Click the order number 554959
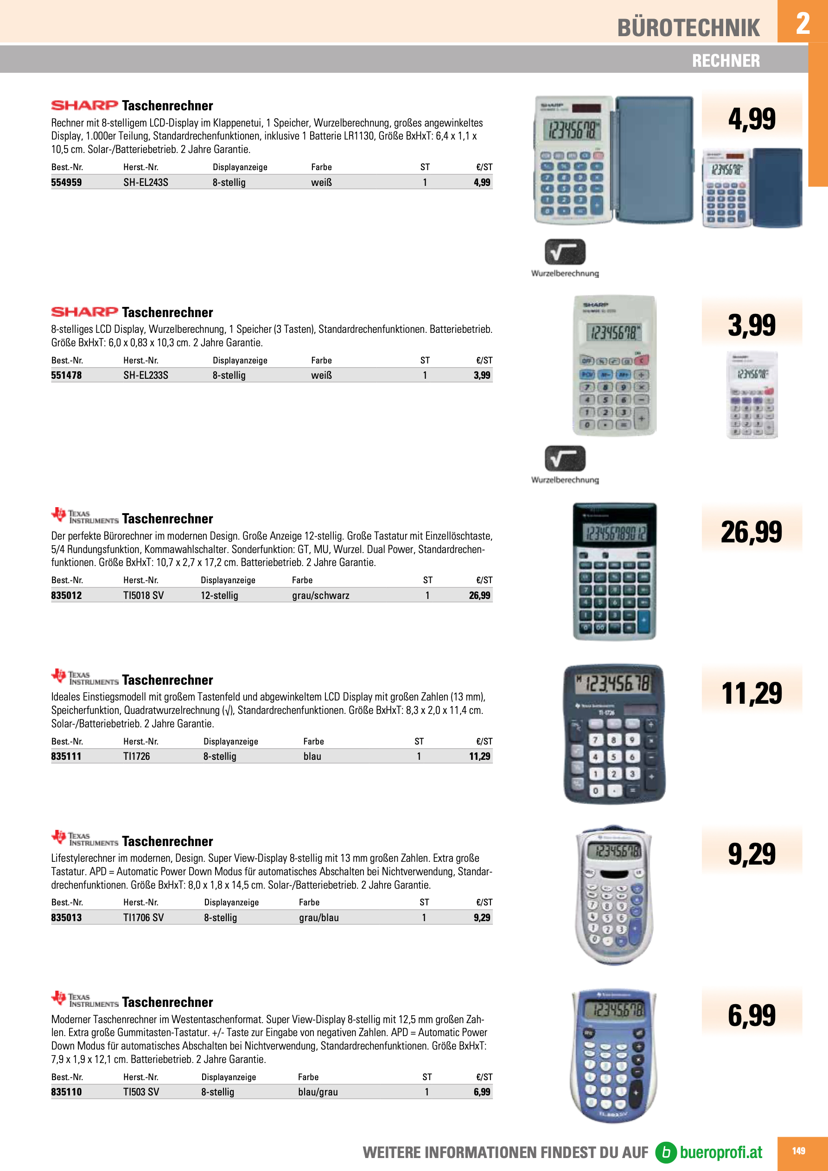click(66, 183)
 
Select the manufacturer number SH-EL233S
click(146, 375)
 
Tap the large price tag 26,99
click(751, 532)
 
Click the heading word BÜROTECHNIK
click(688, 28)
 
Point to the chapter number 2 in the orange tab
click(803, 23)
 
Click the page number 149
click(798, 1151)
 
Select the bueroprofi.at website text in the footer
click(721, 1152)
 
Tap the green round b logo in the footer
click(666, 1152)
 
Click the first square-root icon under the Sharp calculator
click(565, 252)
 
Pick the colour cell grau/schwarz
click(320, 596)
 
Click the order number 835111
click(66, 757)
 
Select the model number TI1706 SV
click(143, 917)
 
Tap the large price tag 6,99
click(751, 1015)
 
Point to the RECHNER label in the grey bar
click(726, 61)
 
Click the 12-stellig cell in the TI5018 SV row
click(219, 596)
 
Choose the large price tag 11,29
click(751, 693)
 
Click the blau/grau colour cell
click(318, 1092)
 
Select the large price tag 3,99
click(751, 325)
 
